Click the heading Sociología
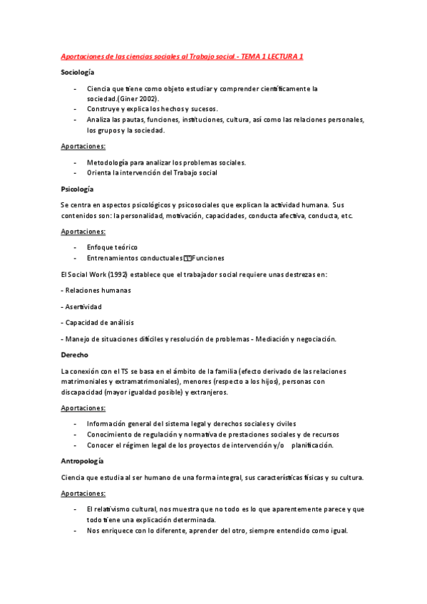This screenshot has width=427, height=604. pos(78,73)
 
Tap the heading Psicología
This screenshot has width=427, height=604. pos(77,189)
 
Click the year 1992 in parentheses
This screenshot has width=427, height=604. pos(101,274)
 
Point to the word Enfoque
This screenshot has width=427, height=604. pos(101,247)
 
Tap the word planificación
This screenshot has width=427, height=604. pos(312,445)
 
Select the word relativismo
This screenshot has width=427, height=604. pos(115,509)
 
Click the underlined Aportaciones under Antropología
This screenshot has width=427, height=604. pos(83,493)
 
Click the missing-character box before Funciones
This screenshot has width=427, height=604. pos(188,258)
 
